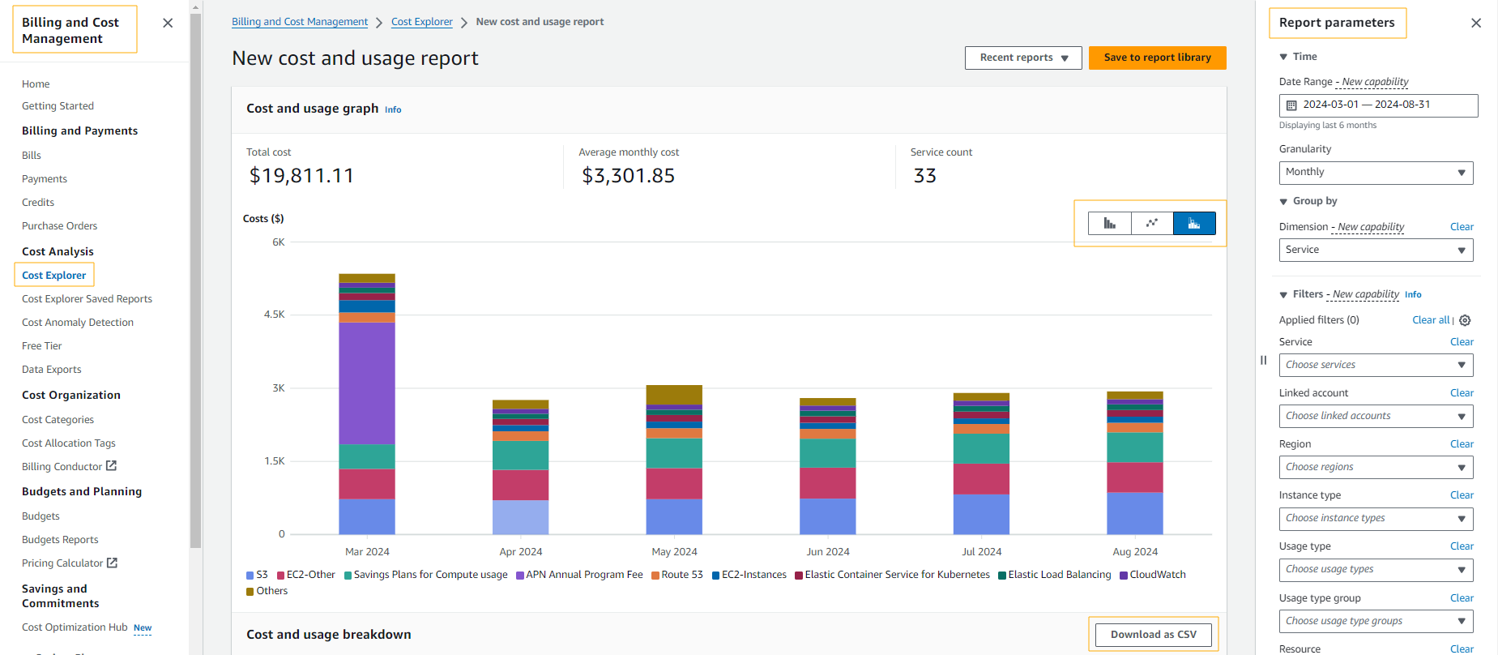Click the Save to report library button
pos(1157,58)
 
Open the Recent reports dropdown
pos(1023,58)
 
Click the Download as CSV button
pos(1153,635)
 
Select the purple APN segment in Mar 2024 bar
pos(367,383)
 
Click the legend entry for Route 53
pos(677,575)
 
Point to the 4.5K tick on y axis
pos(274,315)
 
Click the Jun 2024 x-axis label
pos(827,552)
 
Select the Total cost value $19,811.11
pos(301,176)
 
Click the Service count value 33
pos(924,176)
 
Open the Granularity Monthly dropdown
pos(1375,173)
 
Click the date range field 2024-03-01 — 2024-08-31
pos(1377,105)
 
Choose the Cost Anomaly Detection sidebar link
pos(78,323)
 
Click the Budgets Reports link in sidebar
pos(60,540)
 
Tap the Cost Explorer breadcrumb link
pos(421,22)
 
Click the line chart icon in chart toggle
pos(1152,223)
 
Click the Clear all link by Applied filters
pos(1431,320)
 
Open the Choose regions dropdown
pos(1375,467)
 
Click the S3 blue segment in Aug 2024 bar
pos(1134,513)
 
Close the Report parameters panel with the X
pos(1475,23)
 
